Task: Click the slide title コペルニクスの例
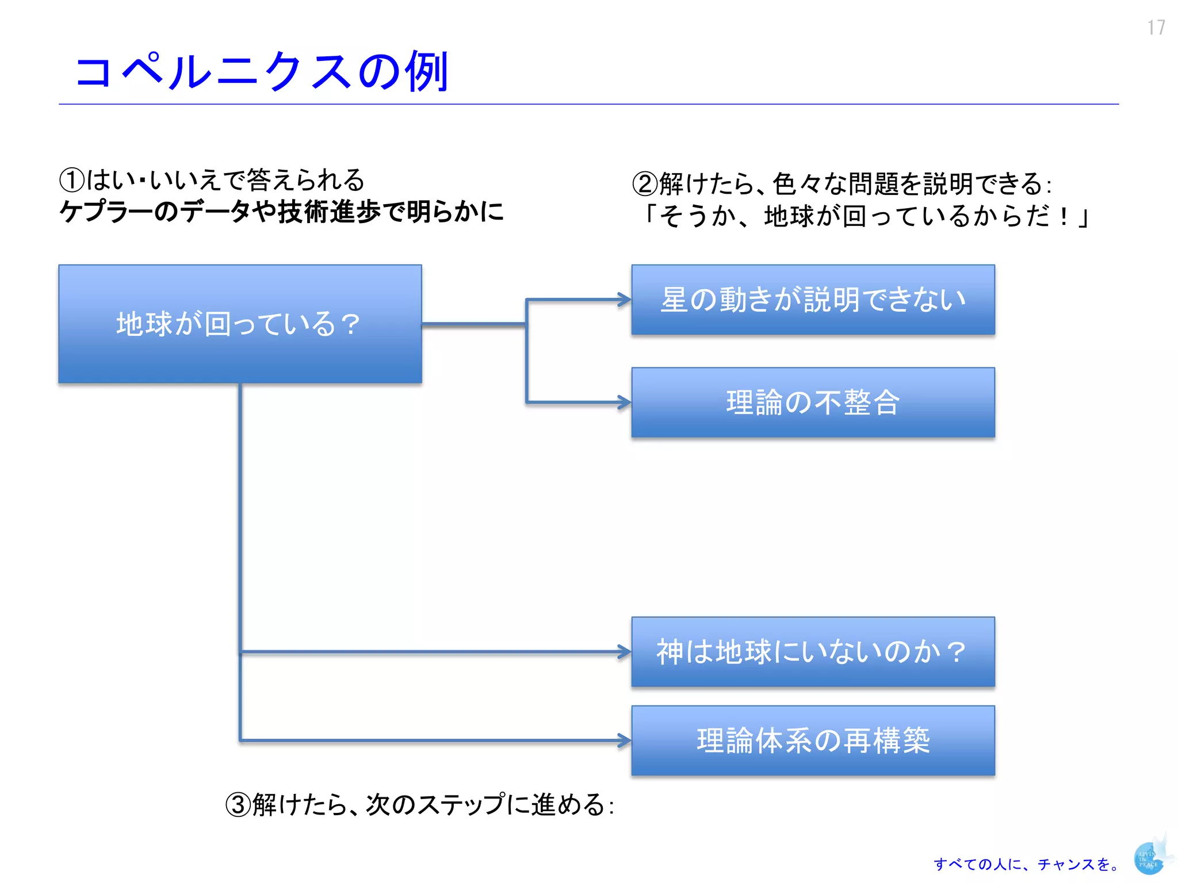pyautogui.click(x=262, y=71)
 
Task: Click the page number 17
pyautogui.click(x=1156, y=28)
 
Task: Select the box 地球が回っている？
pyautogui.click(x=240, y=324)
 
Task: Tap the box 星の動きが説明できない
pyautogui.click(x=813, y=300)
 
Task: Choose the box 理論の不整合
pyautogui.click(x=813, y=402)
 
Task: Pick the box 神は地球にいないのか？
pyautogui.click(x=813, y=652)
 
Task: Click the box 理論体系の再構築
pyautogui.click(x=813, y=740)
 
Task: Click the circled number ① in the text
pyautogui.click(x=72, y=181)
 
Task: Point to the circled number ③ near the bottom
pyautogui.click(x=238, y=805)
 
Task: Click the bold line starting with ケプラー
pyautogui.click(x=282, y=212)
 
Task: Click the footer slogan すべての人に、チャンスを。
pyautogui.click(x=1027, y=864)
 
